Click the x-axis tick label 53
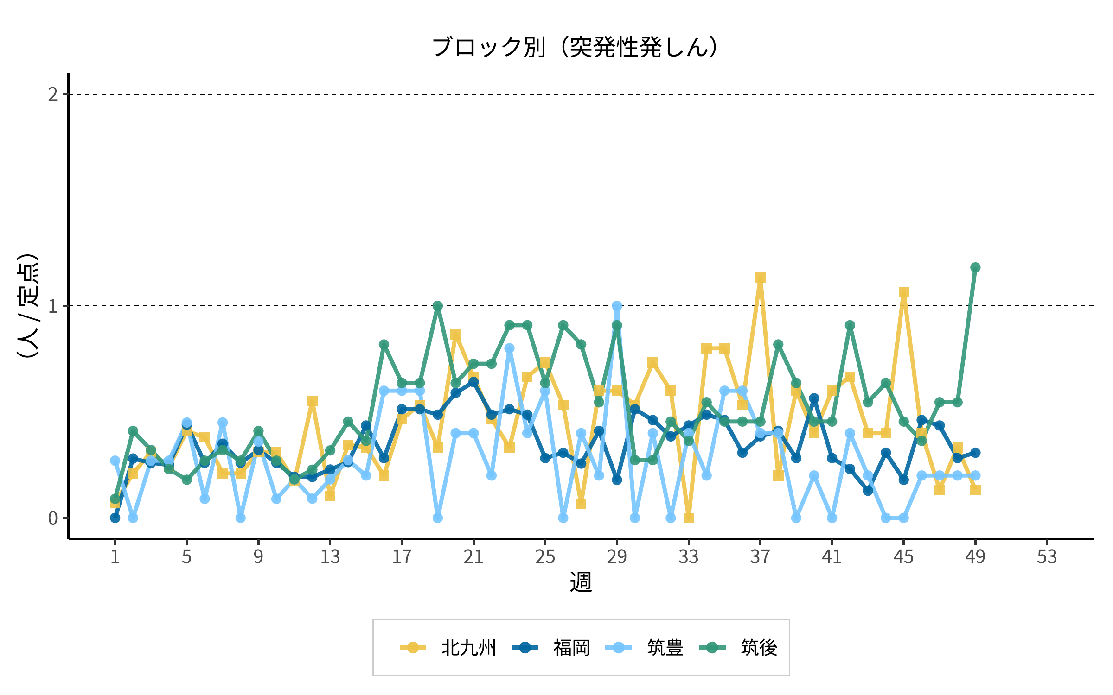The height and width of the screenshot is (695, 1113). pyautogui.click(x=1047, y=557)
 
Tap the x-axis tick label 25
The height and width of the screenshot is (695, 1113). pyautogui.click(x=545, y=557)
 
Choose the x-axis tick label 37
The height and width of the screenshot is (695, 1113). pyautogui.click(x=760, y=557)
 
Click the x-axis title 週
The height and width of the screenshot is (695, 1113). pyautogui.click(x=581, y=582)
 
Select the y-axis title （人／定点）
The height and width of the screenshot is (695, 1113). pyautogui.click(x=27, y=306)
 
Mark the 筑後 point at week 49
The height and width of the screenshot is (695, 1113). pyautogui.click(x=975, y=267)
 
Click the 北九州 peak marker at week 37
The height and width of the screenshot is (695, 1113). pyautogui.click(x=760, y=278)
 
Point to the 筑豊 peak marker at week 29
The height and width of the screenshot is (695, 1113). pyautogui.click(x=617, y=306)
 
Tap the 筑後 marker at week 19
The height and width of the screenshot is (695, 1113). pyautogui.click(x=438, y=306)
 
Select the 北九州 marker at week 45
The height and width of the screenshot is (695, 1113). pyautogui.click(x=903, y=292)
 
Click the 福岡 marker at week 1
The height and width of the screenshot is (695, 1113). pyautogui.click(x=115, y=518)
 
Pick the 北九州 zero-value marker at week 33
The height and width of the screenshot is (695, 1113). pyautogui.click(x=689, y=518)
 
